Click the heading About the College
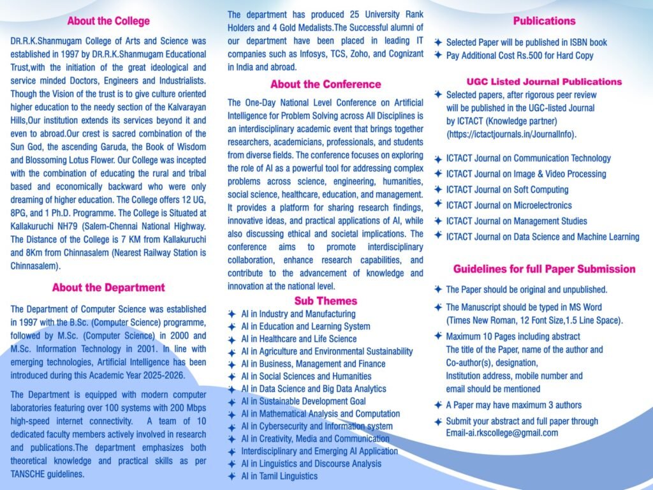click(x=108, y=21)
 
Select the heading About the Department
click(x=108, y=288)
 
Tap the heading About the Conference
click(x=325, y=84)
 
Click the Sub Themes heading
click(x=325, y=301)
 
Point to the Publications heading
click(x=544, y=21)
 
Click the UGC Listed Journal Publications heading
click(x=544, y=82)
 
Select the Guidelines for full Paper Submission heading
click(x=544, y=269)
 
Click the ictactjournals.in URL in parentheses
click(x=511, y=135)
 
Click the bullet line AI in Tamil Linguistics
click(x=279, y=476)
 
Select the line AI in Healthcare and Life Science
click(x=298, y=339)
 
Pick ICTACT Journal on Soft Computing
click(x=507, y=189)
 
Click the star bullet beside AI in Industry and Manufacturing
click(x=231, y=314)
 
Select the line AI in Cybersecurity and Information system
click(x=317, y=426)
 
